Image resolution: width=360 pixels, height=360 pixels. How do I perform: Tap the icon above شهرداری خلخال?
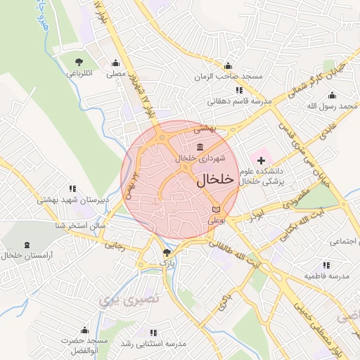pos(201,147)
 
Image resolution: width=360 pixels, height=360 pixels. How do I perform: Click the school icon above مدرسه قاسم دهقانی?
pos(239,90)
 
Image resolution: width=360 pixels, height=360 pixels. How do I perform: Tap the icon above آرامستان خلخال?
pos(27,245)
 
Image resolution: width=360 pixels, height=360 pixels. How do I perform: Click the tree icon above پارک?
pos(166,252)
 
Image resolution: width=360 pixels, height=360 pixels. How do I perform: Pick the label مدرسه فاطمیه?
pos(326,276)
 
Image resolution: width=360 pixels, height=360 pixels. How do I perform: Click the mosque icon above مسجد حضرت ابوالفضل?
pos(84,329)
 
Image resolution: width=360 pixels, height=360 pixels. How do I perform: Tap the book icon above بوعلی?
pos(215,210)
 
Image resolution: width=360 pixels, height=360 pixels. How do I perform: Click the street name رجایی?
pos(115,246)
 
